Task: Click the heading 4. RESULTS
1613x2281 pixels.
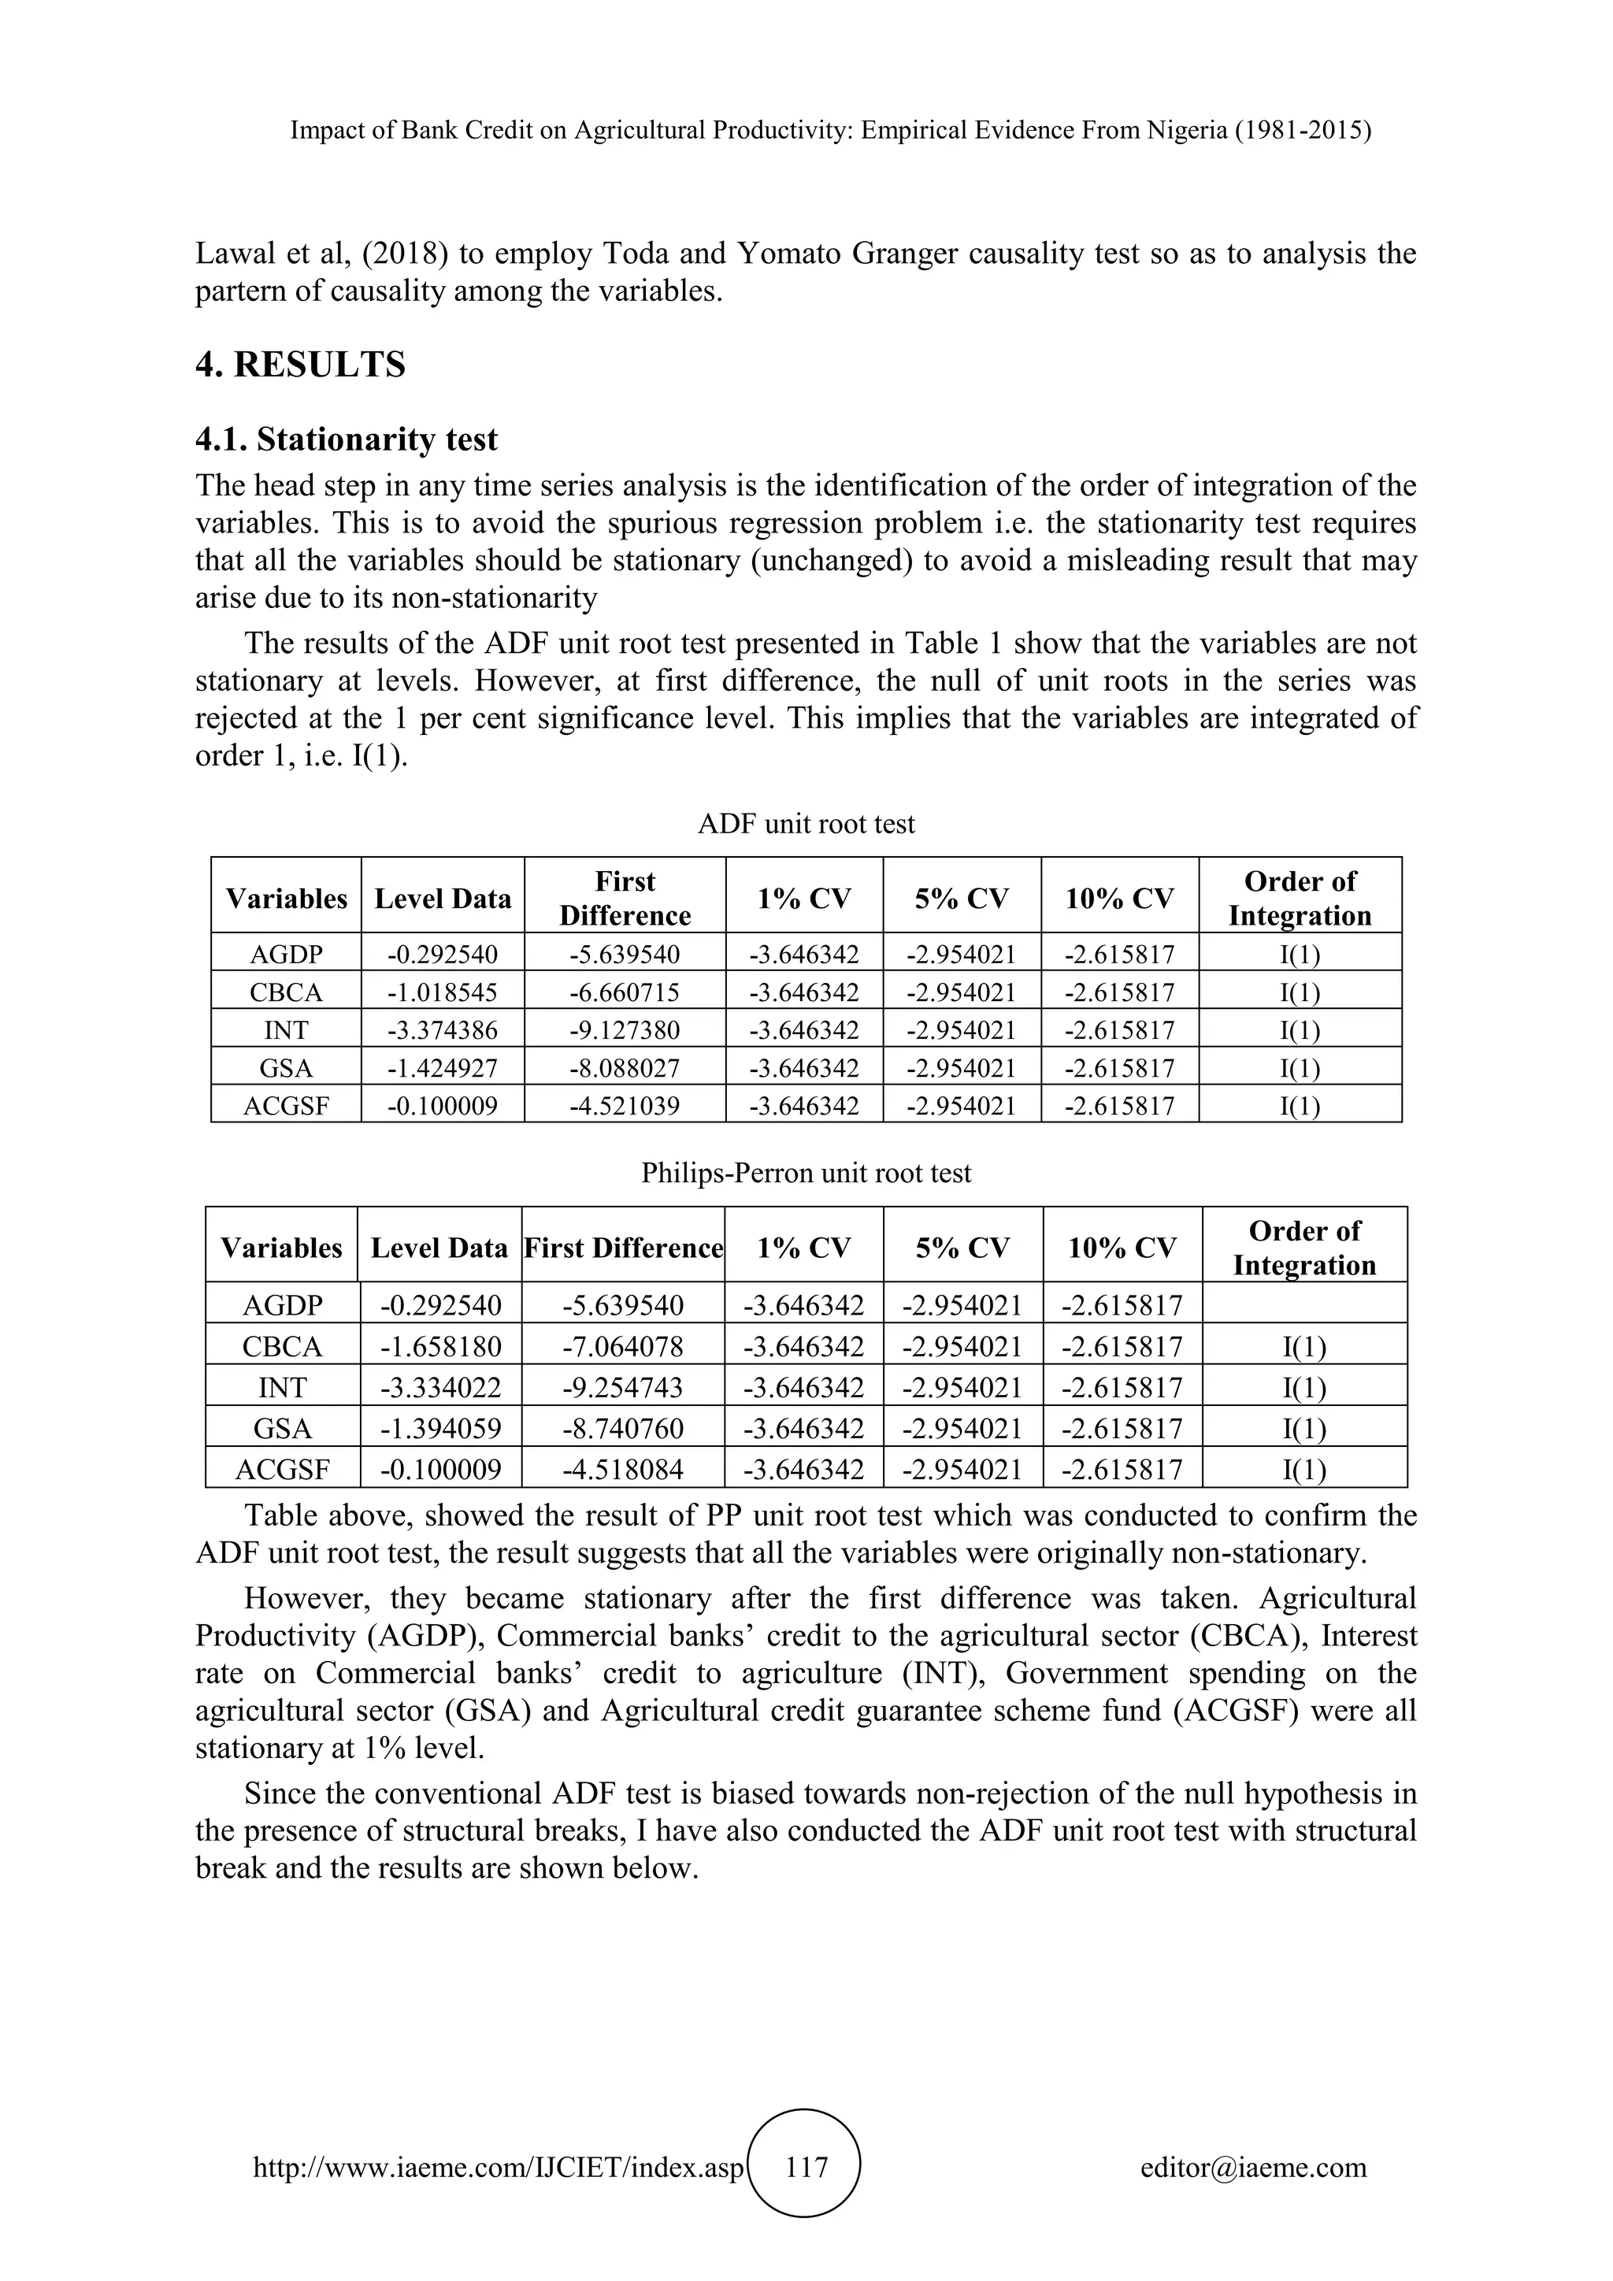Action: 300,365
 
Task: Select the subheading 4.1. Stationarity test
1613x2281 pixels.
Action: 347,440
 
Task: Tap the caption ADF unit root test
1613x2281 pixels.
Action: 806,824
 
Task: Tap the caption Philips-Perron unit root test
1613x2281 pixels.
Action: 806,1174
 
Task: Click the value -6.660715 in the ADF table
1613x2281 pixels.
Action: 624,992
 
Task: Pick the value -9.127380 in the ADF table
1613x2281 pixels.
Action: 624,1030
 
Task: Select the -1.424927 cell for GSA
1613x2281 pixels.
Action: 442,1068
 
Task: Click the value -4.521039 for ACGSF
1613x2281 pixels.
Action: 624,1106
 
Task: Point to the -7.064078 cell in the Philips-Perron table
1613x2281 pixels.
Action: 623,1346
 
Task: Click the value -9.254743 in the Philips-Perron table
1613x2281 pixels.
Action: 623,1388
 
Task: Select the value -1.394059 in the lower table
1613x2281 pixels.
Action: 440,1429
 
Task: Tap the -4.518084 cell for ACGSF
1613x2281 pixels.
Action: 623,1469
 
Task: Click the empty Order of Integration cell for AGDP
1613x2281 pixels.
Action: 1303,1304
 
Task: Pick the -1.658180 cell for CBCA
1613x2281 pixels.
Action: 440,1346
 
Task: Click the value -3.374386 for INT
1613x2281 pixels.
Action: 442,1030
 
